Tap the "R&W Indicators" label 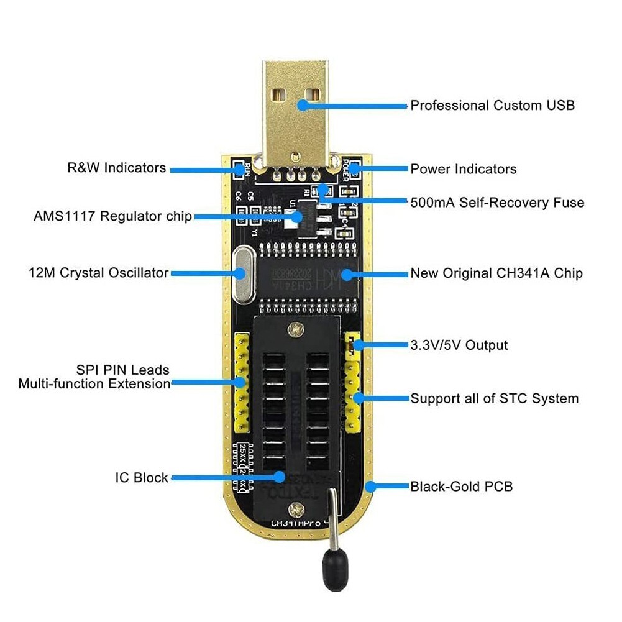click(x=116, y=168)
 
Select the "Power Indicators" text click(x=463, y=169)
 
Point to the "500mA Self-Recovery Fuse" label click(x=497, y=203)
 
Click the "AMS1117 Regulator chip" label click(x=112, y=216)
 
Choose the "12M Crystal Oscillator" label click(x=98, y=273)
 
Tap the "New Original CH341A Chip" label click(x=496, y=273)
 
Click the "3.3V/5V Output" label click(x=459, y=345)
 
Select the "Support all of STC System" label click(x=494, y=398)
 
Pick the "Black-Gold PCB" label click(x=461, y=487)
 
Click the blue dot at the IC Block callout click(x=280, y=477)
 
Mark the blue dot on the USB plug click(x=303, y=105)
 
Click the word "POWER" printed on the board click(x=348, y=167)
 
